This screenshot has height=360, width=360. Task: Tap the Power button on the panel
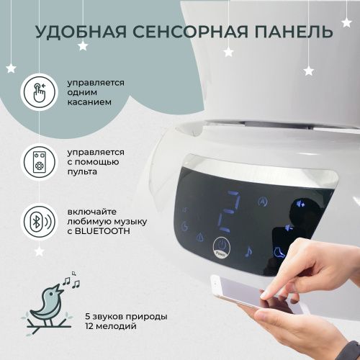222,248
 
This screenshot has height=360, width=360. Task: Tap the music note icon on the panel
248,252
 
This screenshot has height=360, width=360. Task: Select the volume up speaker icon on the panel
300,204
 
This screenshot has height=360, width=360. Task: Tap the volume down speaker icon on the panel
289,228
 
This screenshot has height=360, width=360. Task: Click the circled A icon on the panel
263,202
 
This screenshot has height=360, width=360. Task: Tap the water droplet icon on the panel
200,238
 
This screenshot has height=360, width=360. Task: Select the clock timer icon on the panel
184,227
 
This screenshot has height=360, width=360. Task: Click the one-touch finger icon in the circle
40,92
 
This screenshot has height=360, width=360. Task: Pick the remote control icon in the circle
40,161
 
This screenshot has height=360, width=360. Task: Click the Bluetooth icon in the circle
40,222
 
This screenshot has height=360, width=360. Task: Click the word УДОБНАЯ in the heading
81,32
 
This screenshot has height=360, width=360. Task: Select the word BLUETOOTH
102,231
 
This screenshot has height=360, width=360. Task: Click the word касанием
89,102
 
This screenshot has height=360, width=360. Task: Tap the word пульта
82,172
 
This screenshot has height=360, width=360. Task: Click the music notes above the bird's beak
71,280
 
